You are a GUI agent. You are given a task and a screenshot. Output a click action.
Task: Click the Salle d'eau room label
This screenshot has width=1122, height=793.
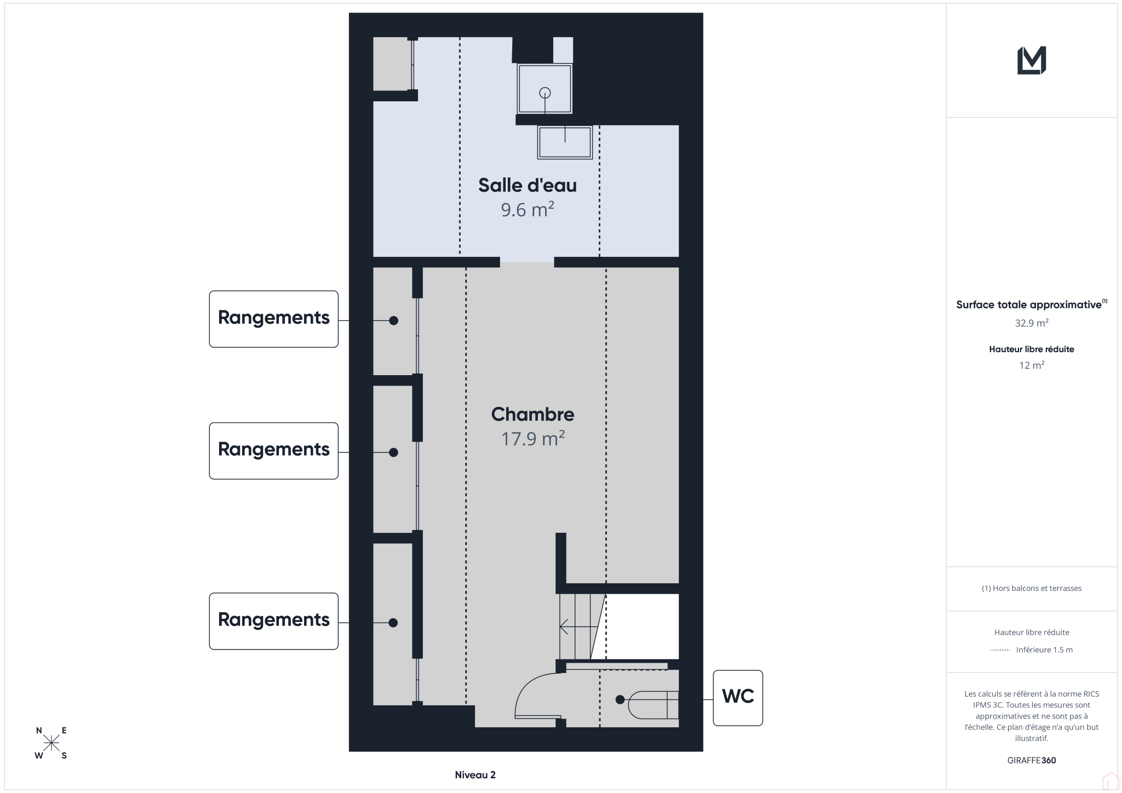(527, 185)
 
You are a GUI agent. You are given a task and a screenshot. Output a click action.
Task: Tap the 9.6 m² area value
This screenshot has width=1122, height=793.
(527, 210)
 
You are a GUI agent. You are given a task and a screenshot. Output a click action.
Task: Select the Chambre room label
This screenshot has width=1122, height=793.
(533, 414)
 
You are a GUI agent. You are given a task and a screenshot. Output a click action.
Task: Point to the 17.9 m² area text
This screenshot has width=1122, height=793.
(533, 439)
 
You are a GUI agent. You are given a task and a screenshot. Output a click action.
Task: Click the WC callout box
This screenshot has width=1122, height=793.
(737, 698)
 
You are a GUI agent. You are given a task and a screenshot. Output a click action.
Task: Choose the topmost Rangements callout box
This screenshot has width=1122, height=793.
(273, 319)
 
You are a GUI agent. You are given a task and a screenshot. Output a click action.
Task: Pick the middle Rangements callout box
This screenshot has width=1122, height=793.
(273, 451)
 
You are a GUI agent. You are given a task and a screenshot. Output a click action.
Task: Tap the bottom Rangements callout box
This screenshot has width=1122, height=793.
(273, 621)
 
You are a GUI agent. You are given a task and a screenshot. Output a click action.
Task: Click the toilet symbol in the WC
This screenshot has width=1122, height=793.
(653, 705)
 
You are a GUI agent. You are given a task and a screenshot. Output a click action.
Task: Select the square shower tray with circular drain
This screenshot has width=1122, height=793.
(545, 89)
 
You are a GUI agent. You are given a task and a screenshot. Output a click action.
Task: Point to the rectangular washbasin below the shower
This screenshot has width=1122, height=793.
(565, 142)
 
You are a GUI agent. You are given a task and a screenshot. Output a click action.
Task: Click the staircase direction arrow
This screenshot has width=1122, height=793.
(575, 626)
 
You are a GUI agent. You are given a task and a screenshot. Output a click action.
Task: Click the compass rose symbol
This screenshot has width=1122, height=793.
(51, 743)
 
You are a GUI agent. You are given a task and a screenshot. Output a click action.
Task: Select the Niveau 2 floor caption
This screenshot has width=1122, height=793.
(475, 774)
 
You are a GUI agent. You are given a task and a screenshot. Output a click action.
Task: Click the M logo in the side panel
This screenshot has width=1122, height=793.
(1031, 60)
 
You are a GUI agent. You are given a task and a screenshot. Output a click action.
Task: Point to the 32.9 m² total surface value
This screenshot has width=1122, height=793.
(1032, 323)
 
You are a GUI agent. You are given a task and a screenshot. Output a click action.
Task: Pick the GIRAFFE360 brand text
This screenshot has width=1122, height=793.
(1032, 760)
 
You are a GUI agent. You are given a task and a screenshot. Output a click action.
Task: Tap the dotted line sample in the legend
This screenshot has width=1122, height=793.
(1000, 650)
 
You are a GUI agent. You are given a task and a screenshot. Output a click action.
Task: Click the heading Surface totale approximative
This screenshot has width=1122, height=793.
(1028, 305)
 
